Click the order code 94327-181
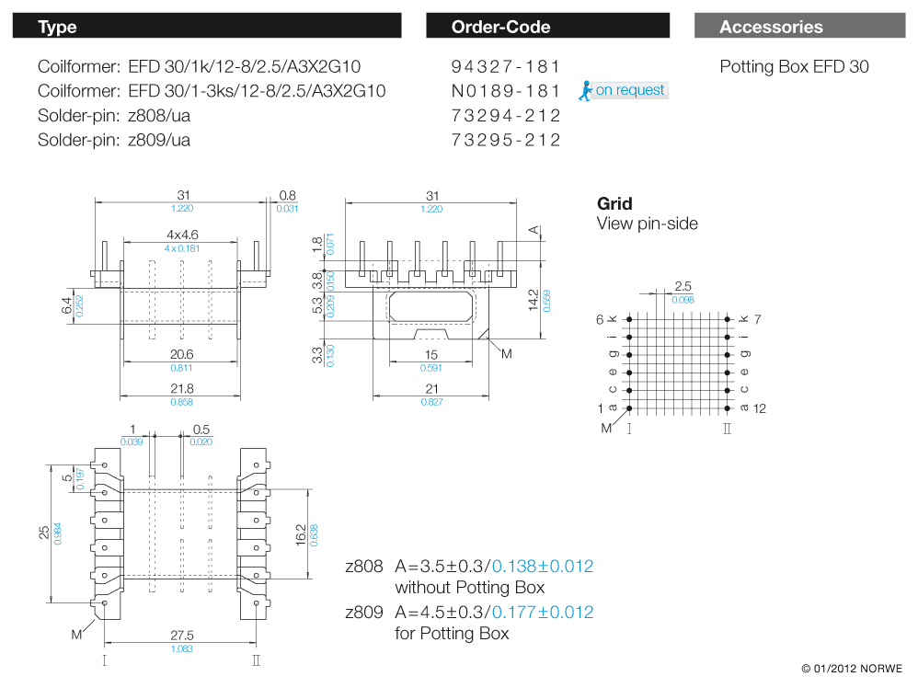pyautogui.click(x=505, y=66)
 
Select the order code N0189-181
pyautogui.click(x=505, y=91)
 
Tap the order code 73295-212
pyautogui.click(x=505, y=141)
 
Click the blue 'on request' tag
pyautogui.click(x=629, y=90)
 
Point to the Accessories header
pyautogui.click(x=771, y=27)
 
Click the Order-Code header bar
pyautogui.click(x=547, y=27)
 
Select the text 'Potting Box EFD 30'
pyautogui.click(x=793, y=66)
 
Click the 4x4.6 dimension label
pyautogui.click(x=182, y=235)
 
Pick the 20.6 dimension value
pyautogui.click(x=181, y=355)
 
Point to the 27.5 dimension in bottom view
pyautogui.click(x=181, y=636)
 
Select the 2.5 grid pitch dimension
pyautogui.click(x=683, y=287)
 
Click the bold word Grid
pyautogui.click(x=614, y=204)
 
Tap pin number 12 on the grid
pyautogui.click(x=760, y=408)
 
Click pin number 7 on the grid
pyautogui.click(x=760, y=319)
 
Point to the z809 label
pyautogui.click(x=363, y=613)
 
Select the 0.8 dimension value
pyautogui.click(x=287, y=195)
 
